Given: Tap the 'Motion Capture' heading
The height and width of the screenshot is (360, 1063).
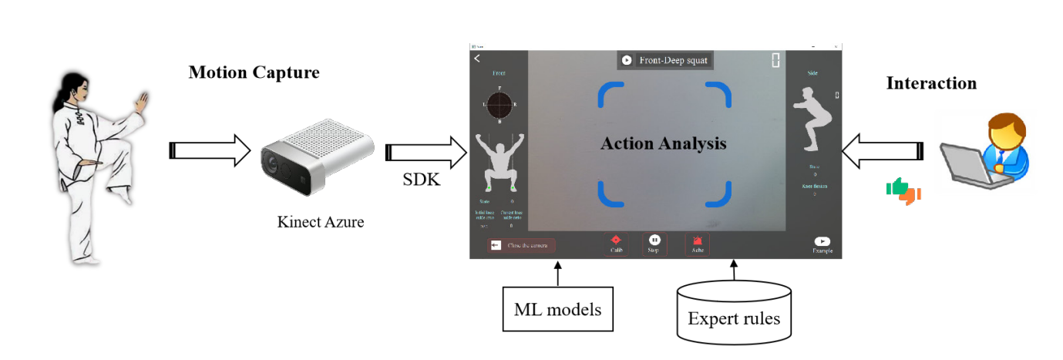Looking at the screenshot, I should click(254, 73).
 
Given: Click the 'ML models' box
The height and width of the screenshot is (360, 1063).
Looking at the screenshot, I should click(558, 311).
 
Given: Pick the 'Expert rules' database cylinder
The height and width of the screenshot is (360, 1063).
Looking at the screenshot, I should click(733, 312).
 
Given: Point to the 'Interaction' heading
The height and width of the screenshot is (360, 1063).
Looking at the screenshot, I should click(931, 83).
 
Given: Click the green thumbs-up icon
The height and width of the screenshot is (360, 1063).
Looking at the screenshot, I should click(896, 187).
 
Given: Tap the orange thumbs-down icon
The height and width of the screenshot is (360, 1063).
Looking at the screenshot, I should click(913, 195).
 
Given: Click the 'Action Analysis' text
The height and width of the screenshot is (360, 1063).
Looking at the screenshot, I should click(663, 143).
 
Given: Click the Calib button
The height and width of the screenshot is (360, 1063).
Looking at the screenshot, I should click(616, 244).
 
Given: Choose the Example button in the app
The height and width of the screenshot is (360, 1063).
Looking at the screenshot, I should click(822, 244).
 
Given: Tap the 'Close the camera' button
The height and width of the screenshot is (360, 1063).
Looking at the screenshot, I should click(520, 245).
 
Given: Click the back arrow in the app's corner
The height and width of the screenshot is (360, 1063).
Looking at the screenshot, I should click(477, 58).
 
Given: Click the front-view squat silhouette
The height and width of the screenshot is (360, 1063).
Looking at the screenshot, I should click(496, 162).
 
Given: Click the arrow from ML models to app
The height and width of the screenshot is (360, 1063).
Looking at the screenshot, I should click(557, 273).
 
